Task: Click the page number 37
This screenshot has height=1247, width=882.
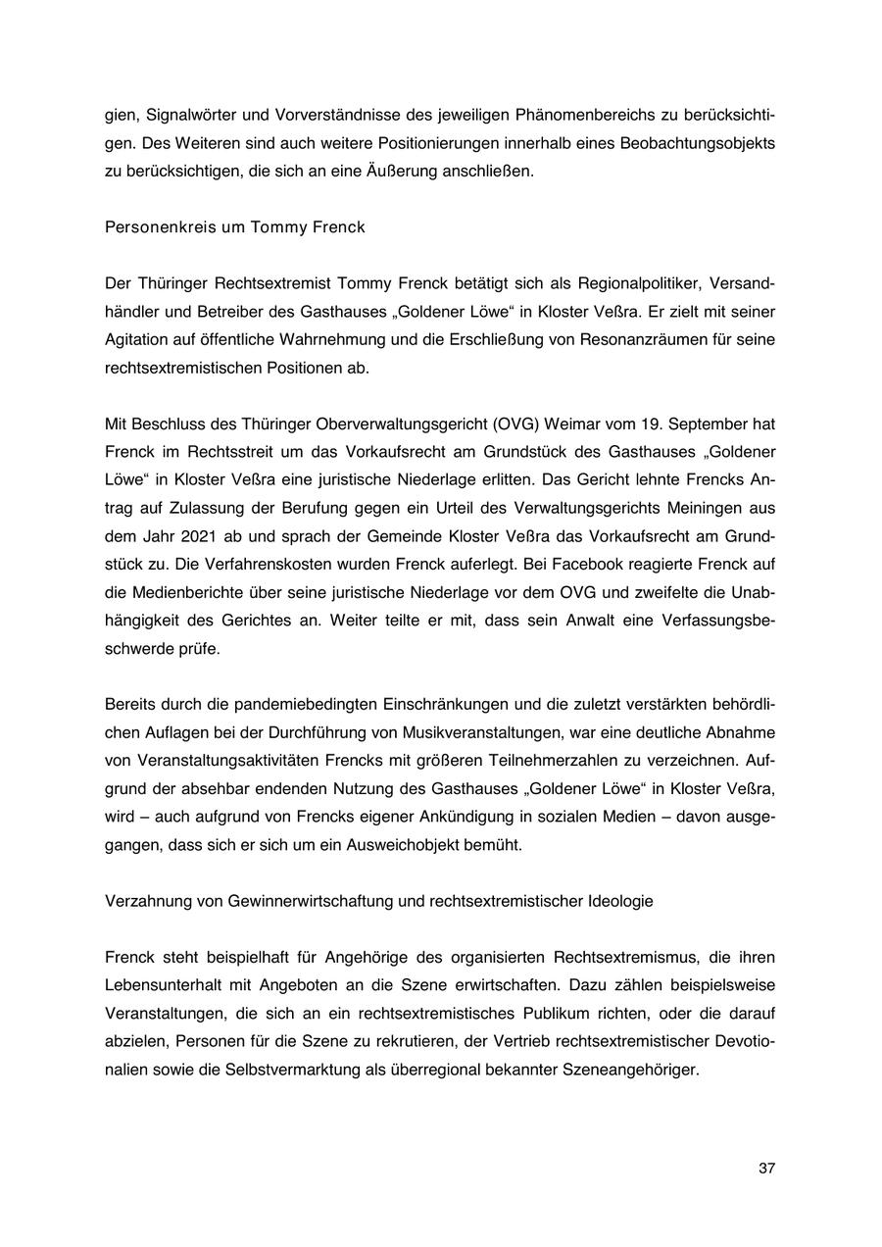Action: (x=766, y=1168)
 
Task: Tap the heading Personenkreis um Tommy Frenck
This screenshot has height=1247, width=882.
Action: (x=234, y=227)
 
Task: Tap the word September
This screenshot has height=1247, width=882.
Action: (x=710, y=424)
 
